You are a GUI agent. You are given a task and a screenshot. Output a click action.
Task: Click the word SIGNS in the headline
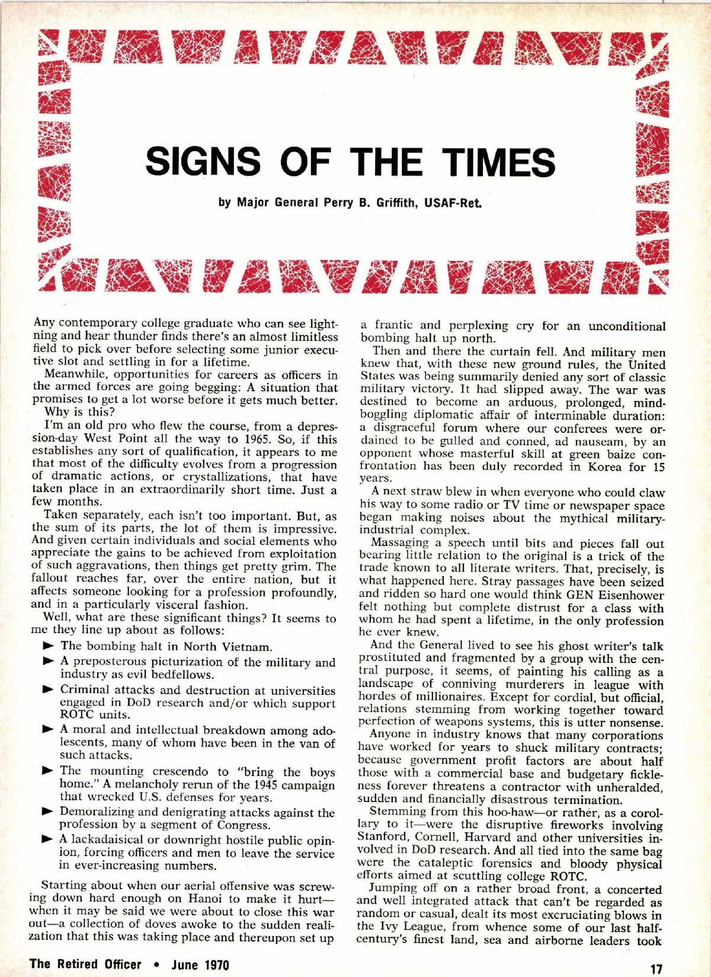point(203,161)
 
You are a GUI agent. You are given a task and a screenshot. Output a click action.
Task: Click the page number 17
point(656,969)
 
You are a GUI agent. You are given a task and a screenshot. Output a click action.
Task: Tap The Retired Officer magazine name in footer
point(85,964)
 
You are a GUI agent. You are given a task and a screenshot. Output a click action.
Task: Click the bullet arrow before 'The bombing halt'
point(49,646)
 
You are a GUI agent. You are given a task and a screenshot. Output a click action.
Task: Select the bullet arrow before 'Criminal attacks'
point(49,689)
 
